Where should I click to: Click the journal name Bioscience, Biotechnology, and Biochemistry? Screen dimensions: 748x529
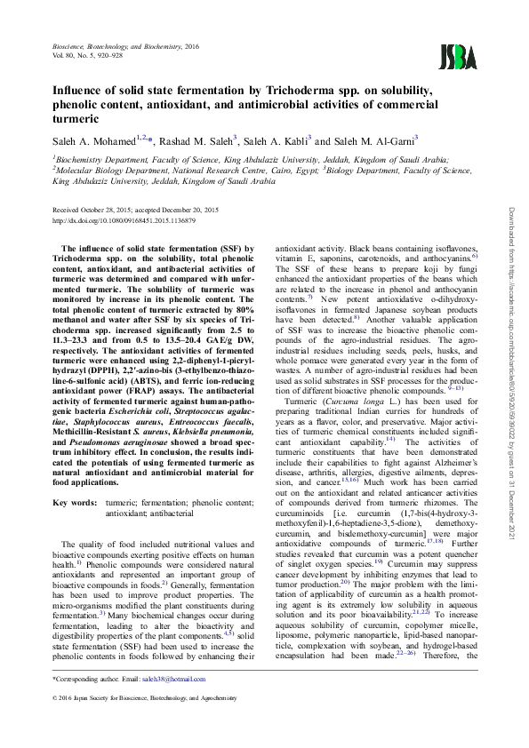[x=110, y=44]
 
